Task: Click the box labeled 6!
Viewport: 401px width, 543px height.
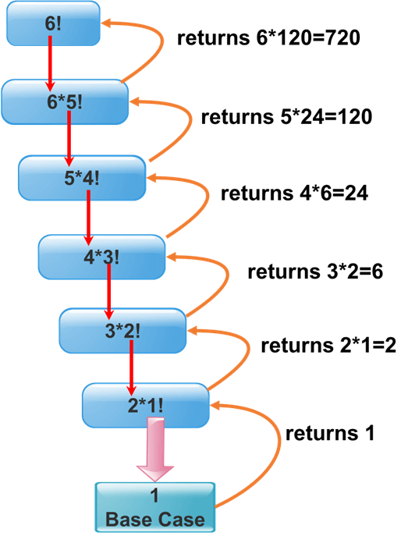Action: pyautogui.click(x=53, y=23)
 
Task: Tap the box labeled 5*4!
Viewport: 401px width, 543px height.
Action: pyautogui.click(x=83, y=177)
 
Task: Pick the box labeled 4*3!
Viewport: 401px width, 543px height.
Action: pyautogui.click(x=102, y=255)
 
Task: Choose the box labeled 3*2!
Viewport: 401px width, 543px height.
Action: pyautogui.click(x=123, y=330)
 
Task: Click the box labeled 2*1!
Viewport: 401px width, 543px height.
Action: pyautogui.click(x=146, y=405)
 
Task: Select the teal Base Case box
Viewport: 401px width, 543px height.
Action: pyautogui.click(x=155, y=506)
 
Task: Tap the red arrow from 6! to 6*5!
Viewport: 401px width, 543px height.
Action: pyautogui.click(x=51, y=62)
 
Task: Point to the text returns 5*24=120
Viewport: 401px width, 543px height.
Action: pyautogui.click(x=286, y=118)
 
